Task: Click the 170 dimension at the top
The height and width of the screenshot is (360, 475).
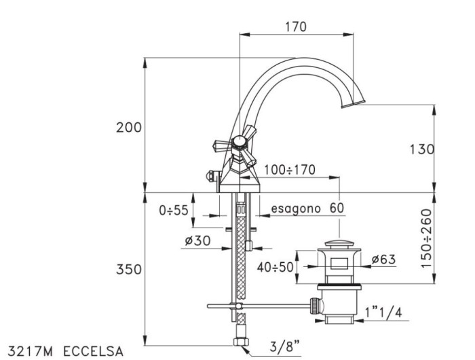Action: coord(295,26)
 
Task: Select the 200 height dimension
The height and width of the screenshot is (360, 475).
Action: coord(129,128)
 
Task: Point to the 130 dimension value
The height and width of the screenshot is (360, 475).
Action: coord(421,150)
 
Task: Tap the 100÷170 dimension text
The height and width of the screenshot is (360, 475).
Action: coord(290,170)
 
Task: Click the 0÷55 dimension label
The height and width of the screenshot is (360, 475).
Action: coord(174,211)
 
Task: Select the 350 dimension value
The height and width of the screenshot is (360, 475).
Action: coord(129,270)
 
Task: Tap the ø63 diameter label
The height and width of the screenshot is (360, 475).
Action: coord(383,259)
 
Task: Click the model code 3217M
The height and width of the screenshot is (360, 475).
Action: coord(29,351)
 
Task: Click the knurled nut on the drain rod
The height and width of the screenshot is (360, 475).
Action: coord(315,305)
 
